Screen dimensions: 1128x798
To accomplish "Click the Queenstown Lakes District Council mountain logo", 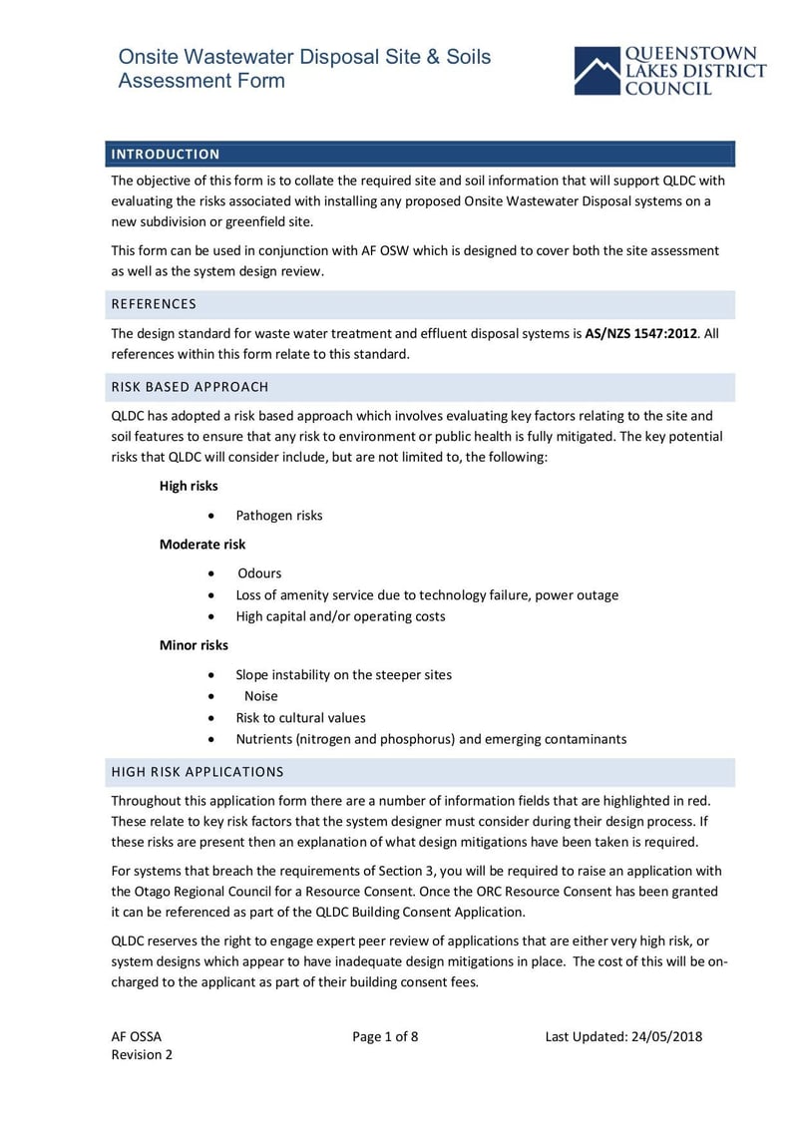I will (x=597, y=72).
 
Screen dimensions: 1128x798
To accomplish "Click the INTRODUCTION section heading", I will (x=166, y=155).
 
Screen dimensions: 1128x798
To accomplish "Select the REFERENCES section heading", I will (x=154, y=304).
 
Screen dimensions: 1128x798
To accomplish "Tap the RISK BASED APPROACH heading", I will (x=190, y=387).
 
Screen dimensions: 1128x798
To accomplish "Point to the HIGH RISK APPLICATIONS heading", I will (x=198, y=772).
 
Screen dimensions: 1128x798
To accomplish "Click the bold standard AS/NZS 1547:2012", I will (x=640, y=333).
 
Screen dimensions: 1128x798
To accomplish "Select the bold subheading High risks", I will (x=189, y=486).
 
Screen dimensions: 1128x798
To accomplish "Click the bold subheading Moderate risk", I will (x=202, y=545).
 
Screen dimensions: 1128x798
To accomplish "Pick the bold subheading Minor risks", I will (x=194, y=645).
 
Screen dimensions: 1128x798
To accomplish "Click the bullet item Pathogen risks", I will (x=279, y=516).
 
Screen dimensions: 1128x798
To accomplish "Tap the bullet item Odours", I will (x=259, y=573).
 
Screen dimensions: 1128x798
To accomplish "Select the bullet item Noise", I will (x=261, y=696).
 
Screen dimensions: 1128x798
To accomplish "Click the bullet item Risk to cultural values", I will (x=300, y=718).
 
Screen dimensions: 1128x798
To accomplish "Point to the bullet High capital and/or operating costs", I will (x=340, y=616).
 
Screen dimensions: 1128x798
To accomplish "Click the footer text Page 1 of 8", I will (x=385, y=1036).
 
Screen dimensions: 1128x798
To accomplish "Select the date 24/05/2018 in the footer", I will (x=666, y=1036).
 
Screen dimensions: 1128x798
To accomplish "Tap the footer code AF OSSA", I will (x=136, y=1036).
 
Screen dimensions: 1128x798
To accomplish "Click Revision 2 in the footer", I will (x=142, y=1055).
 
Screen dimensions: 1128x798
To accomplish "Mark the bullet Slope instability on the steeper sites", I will (x=343, y=675).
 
